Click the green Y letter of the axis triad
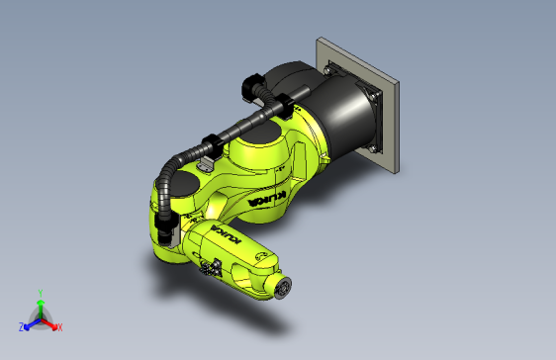pos(39,293)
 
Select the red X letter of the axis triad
pos(59,327)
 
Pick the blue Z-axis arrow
pos(31,323)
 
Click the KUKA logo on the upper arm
pos(270,200)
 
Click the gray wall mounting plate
pos(391,99)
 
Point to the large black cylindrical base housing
pos(341,109)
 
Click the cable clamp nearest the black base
pos(279,103)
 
